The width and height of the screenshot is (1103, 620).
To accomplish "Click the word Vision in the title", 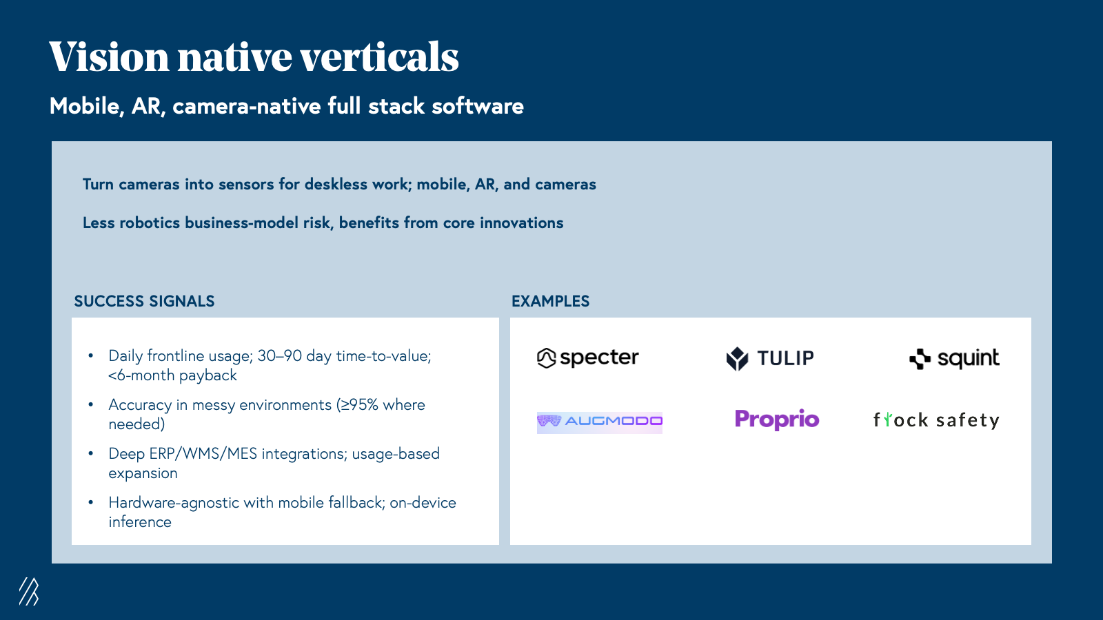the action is tap(110, 56).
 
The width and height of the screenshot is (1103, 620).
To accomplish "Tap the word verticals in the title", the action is tap(380, 56).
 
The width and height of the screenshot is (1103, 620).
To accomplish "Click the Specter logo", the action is tap(587, 358).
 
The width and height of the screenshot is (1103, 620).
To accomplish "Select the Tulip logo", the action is tap(769, 358).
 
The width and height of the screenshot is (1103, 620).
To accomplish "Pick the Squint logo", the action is tap(954, 358).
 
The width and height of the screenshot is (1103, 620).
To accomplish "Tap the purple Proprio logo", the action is tap(776, 420).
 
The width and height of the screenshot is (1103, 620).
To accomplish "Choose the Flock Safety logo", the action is tap(936, 420).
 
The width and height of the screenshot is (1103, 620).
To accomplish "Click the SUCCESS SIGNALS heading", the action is tap(144, 301).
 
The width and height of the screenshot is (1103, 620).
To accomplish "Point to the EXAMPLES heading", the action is tap(550, 301).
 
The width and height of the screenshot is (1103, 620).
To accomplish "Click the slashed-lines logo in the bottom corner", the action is tap(29, 591).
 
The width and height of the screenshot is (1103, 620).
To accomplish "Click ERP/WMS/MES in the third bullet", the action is tap(203, 454).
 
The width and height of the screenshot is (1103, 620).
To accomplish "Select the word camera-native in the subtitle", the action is tap(247, 106).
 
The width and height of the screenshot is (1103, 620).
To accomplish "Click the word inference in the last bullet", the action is tap(140, 522).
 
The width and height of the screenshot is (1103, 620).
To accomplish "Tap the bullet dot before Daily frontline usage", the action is tap(90, 355).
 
